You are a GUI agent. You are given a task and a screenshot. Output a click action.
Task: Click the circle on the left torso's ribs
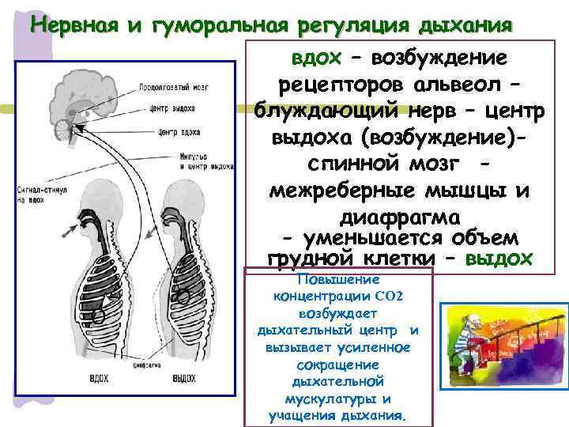click(100, 316)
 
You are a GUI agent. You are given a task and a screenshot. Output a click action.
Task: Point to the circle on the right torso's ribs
click(184, 297)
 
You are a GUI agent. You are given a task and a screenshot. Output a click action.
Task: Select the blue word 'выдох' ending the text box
click(499, 259)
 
